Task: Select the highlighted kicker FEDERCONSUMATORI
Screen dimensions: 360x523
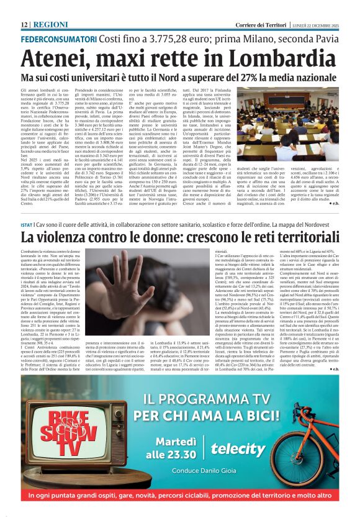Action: [x=58, y=38]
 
